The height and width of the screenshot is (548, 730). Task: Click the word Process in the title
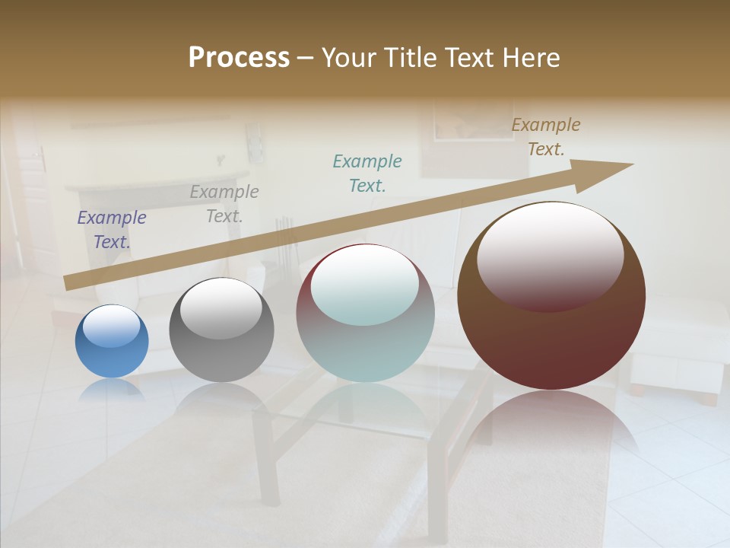(x=239, y=58)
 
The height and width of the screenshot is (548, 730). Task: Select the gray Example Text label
(x=224, y=204)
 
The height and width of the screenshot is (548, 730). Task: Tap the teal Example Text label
(x=367, y=173)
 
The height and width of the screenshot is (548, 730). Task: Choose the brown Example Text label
(x=546, y=137)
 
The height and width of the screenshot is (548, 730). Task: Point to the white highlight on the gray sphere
(x=221, y=308)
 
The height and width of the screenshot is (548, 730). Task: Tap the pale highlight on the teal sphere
(x=365, y=285)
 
